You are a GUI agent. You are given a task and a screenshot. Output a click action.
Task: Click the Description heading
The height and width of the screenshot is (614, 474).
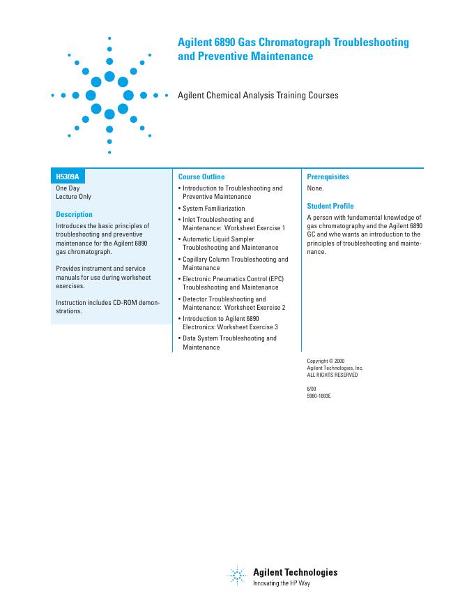click(74, 215)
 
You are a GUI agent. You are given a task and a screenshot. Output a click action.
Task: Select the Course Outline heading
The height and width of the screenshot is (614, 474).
click(201, 177)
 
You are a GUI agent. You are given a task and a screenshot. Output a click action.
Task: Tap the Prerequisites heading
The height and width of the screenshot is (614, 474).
click(328, 177)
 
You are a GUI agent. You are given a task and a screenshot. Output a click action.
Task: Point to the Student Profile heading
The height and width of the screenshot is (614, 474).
click(330, 207)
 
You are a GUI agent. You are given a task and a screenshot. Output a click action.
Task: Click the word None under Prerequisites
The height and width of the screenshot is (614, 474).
click(315, 188)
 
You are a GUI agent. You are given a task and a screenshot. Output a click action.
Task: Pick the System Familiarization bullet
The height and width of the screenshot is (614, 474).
click(213, 209)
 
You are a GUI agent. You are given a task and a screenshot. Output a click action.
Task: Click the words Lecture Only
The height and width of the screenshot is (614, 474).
click(73, 197)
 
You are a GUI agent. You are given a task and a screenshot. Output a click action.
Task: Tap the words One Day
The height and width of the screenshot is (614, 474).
click(68, 188)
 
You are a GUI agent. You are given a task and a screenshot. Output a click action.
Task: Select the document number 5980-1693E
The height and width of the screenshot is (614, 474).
click(319, 395)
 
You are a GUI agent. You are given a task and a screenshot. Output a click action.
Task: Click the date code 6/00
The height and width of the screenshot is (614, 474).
click(312, 388)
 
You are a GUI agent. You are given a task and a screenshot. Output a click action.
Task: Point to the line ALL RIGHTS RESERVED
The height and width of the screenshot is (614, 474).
click(332, 375)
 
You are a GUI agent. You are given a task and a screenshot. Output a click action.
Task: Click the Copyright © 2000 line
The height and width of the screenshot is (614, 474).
click(326, 361)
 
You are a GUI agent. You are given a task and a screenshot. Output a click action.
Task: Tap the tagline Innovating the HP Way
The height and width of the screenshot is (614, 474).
click(281, 583)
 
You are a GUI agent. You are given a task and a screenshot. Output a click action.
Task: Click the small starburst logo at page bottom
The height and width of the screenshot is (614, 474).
click(237, 576)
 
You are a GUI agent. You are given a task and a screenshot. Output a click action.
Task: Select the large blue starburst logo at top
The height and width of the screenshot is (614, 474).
click(109, 95)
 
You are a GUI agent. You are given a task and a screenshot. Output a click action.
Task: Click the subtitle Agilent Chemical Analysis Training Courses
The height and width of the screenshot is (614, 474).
click(258, 96)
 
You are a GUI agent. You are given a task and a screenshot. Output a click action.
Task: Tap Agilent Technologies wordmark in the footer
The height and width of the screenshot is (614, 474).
click(295, 572)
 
